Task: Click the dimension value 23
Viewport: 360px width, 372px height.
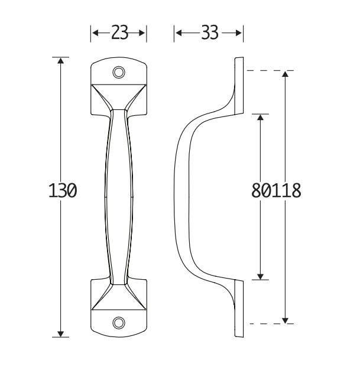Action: coord(119,33)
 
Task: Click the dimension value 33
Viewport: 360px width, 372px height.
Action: coord(209,33)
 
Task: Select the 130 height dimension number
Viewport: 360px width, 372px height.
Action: coord(61,191)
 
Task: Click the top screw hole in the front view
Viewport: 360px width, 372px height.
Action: coord(119,72)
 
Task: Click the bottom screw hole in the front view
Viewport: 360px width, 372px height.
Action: coord(119,323)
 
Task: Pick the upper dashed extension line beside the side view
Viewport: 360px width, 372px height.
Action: coord(260,71)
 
